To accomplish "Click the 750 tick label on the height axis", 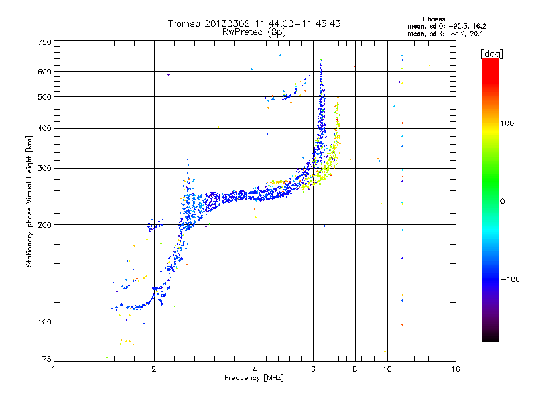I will click(44, 42).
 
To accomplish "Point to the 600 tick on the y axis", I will click(44, 71).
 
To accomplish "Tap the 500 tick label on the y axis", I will click(44, 97).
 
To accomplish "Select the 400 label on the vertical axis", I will click(44, 128).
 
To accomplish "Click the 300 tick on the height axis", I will click(44, 168).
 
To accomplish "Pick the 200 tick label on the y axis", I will click(44, 224).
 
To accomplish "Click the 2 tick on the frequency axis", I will click(154, 369).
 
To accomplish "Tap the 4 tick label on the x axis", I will click(255, 369).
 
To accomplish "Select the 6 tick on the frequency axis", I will click(314, 369).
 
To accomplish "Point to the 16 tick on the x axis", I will click(455, 369).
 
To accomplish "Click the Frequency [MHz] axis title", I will click(254, 379).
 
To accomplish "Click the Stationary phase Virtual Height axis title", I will click(29, 201).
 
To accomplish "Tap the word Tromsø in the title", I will click(186, 23).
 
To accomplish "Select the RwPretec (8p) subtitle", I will click(254, 31).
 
